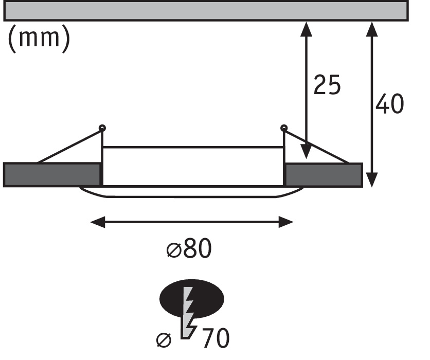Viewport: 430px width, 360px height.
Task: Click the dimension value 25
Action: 327,85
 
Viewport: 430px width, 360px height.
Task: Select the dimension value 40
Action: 389,104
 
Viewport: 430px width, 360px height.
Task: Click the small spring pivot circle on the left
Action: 102,128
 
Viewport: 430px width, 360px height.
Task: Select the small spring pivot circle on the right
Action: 284,128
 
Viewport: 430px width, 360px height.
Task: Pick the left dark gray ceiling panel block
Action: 51,174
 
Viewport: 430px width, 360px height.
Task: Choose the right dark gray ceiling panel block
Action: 324,174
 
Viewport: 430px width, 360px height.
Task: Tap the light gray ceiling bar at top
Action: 206,11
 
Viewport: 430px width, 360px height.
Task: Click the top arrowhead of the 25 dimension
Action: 307,28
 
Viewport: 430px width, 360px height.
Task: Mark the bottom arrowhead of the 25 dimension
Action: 307,152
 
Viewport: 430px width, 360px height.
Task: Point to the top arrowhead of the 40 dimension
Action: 372,28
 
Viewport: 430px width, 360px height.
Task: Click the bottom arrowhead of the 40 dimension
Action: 372,179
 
